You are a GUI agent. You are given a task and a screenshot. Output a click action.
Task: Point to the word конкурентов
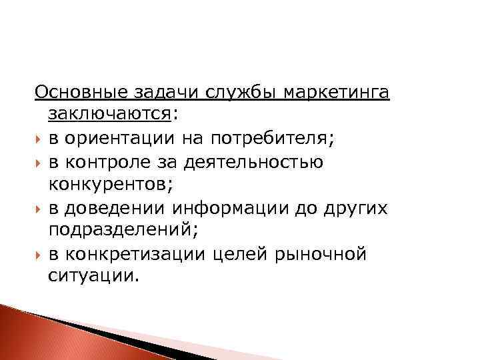pyautogui.click(x=106, y=185)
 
